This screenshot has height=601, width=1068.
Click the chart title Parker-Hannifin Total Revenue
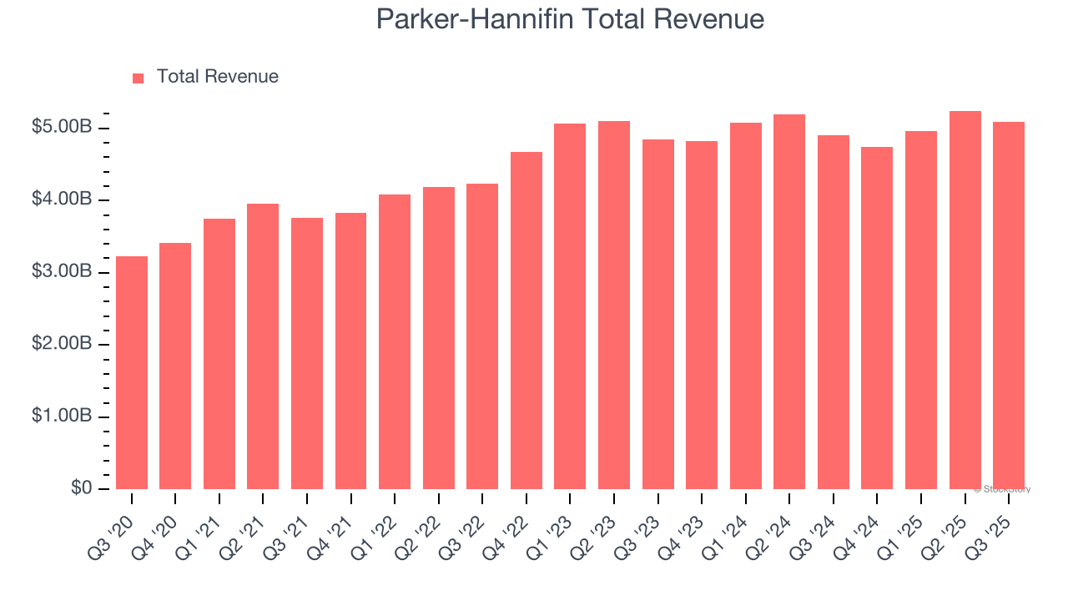[570, 19]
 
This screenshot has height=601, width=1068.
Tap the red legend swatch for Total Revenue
[139, 78]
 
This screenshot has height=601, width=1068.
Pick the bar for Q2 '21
[263, 346]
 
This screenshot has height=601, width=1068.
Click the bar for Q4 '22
[526, 321]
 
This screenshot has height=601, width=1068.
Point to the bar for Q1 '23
[570, 306]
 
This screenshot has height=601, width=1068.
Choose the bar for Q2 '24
[789, 301]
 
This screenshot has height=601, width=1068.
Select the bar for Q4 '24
[877, 318]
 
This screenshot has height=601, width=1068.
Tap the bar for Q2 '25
[965, 300]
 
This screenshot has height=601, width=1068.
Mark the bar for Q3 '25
[1009, 306]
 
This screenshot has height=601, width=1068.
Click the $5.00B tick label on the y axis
[62, 128]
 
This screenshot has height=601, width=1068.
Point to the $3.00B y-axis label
[62, 272]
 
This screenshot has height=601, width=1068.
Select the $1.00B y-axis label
[62, 417]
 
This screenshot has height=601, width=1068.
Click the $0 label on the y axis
[82, 488]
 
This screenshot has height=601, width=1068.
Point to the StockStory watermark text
[1002, 489]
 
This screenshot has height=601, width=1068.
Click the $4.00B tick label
[62, 200]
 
